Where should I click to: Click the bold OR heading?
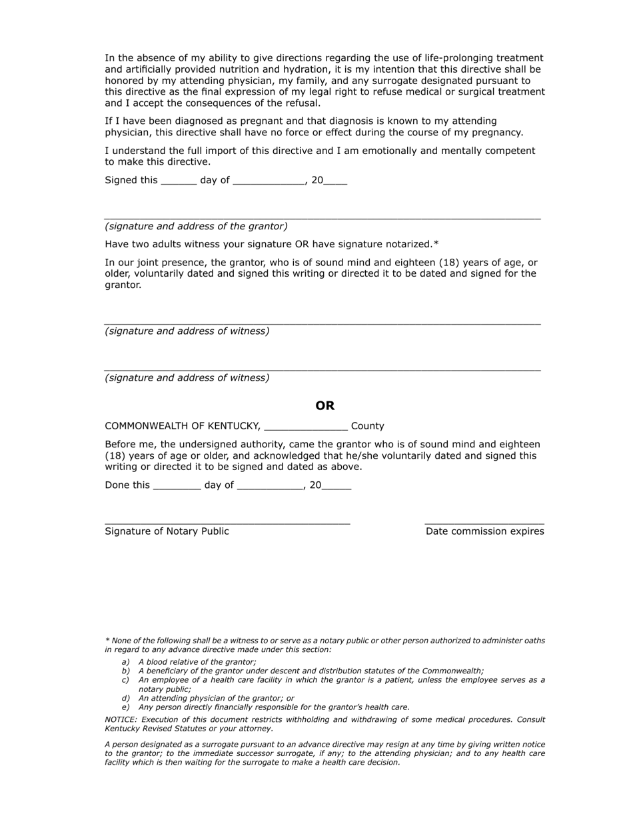pos(325,406)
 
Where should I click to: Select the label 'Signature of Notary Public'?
pos(167,531)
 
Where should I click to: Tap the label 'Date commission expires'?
pos(484,531)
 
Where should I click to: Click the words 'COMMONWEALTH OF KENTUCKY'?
pos(182,427)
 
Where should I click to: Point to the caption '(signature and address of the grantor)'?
pos(196,227)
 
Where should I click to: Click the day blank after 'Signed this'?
pos(179,181)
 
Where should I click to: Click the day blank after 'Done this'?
pos(177,486)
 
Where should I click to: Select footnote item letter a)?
pos(125,662)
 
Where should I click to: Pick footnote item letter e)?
pos(125,707)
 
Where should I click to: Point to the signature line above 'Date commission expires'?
pos(484,524)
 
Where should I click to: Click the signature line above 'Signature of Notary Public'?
pos(227,524)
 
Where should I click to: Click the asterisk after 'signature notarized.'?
pos(436,244)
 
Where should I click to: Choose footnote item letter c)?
pos(125,680)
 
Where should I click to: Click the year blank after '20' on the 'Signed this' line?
pos(335,181)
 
